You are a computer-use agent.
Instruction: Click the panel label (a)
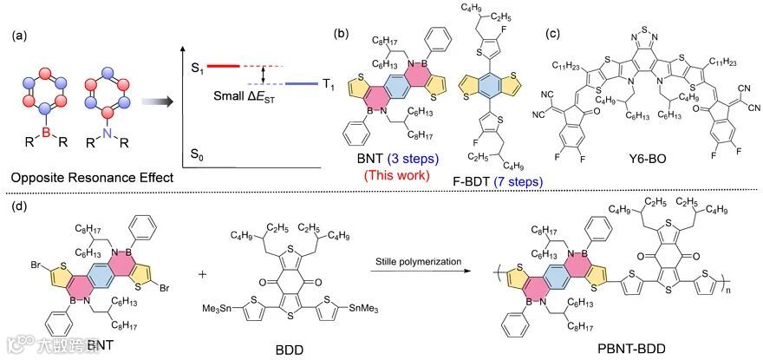tap(20, 37)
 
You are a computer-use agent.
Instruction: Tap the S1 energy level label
tap(197, 66)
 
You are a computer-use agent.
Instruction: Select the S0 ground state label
tap(197, 153)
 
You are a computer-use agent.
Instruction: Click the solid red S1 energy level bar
tap(228, 66)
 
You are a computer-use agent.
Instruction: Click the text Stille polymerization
tap(413, 258)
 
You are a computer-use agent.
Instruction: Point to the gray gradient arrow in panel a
tap(151, 101)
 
